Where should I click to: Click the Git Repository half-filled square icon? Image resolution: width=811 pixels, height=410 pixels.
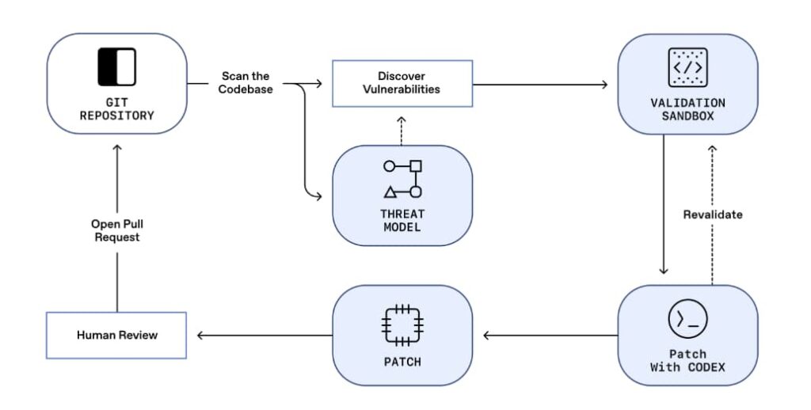pyautogui.click(x=116, y=66)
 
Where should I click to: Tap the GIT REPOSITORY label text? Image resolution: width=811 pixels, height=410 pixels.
pyautogui.click(x=116, y=108)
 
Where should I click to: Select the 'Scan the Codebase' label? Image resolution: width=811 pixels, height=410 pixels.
pyautogui.click(x=245, y=82)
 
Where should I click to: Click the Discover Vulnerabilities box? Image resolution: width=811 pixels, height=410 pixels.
pyautogui.click(x=402, y=82)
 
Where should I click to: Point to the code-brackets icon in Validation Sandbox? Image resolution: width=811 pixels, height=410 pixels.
pyautogui.click(x=687, y=66)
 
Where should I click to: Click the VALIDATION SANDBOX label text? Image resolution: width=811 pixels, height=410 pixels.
pyautogui.click(x=687, y=109)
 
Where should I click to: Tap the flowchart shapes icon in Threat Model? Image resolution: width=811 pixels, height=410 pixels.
pyautogui.click(x=402, y=179)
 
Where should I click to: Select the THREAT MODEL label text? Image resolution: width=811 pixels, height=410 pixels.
pyautogui.click(x=402, y=220)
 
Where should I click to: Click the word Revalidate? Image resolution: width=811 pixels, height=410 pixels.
pyautogui.click(x=713, y=214)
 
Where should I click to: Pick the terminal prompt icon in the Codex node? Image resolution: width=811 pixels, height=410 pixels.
pyautogui.click(x=687, y=321)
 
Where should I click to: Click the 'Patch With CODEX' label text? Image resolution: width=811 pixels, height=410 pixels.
pyautogui.click(x=687, y=360)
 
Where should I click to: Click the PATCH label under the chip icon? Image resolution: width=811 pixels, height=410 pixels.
pyautogui.click(x=402, y=363)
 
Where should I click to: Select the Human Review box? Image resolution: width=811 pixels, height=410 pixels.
pyautogui.click(x=116, y=335)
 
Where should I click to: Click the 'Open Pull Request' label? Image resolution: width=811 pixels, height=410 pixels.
pyautogui.click(x=116, y=230)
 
